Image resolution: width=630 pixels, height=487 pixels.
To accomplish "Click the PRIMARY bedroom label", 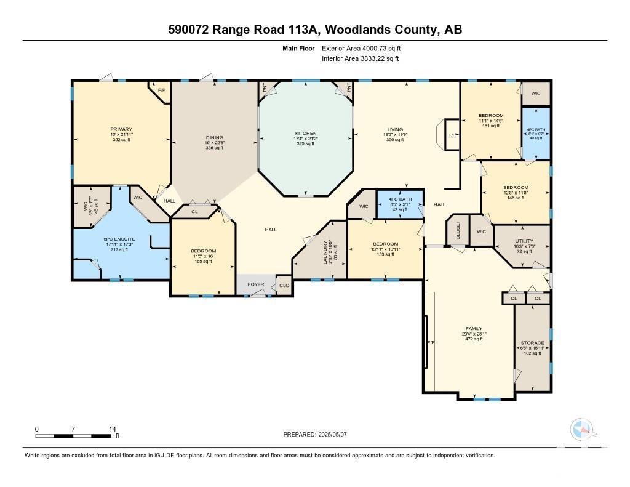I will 121,129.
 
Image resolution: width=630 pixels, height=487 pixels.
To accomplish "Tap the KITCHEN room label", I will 306,134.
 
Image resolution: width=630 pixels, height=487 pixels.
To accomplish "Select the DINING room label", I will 215,137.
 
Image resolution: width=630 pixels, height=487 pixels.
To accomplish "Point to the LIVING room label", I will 395,130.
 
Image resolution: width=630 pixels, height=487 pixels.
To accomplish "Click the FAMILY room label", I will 474,329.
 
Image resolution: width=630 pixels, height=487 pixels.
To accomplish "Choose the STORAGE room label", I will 532,343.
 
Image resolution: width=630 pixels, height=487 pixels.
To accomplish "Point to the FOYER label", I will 256,284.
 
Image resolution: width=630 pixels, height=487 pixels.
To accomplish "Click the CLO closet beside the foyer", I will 284,286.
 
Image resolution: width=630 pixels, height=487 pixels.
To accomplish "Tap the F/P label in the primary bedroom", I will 162,91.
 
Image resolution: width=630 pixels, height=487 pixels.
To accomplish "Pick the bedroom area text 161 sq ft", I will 491,126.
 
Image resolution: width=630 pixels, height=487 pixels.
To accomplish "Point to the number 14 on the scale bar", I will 112,429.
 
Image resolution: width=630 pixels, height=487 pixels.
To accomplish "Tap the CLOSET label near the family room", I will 458,230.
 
